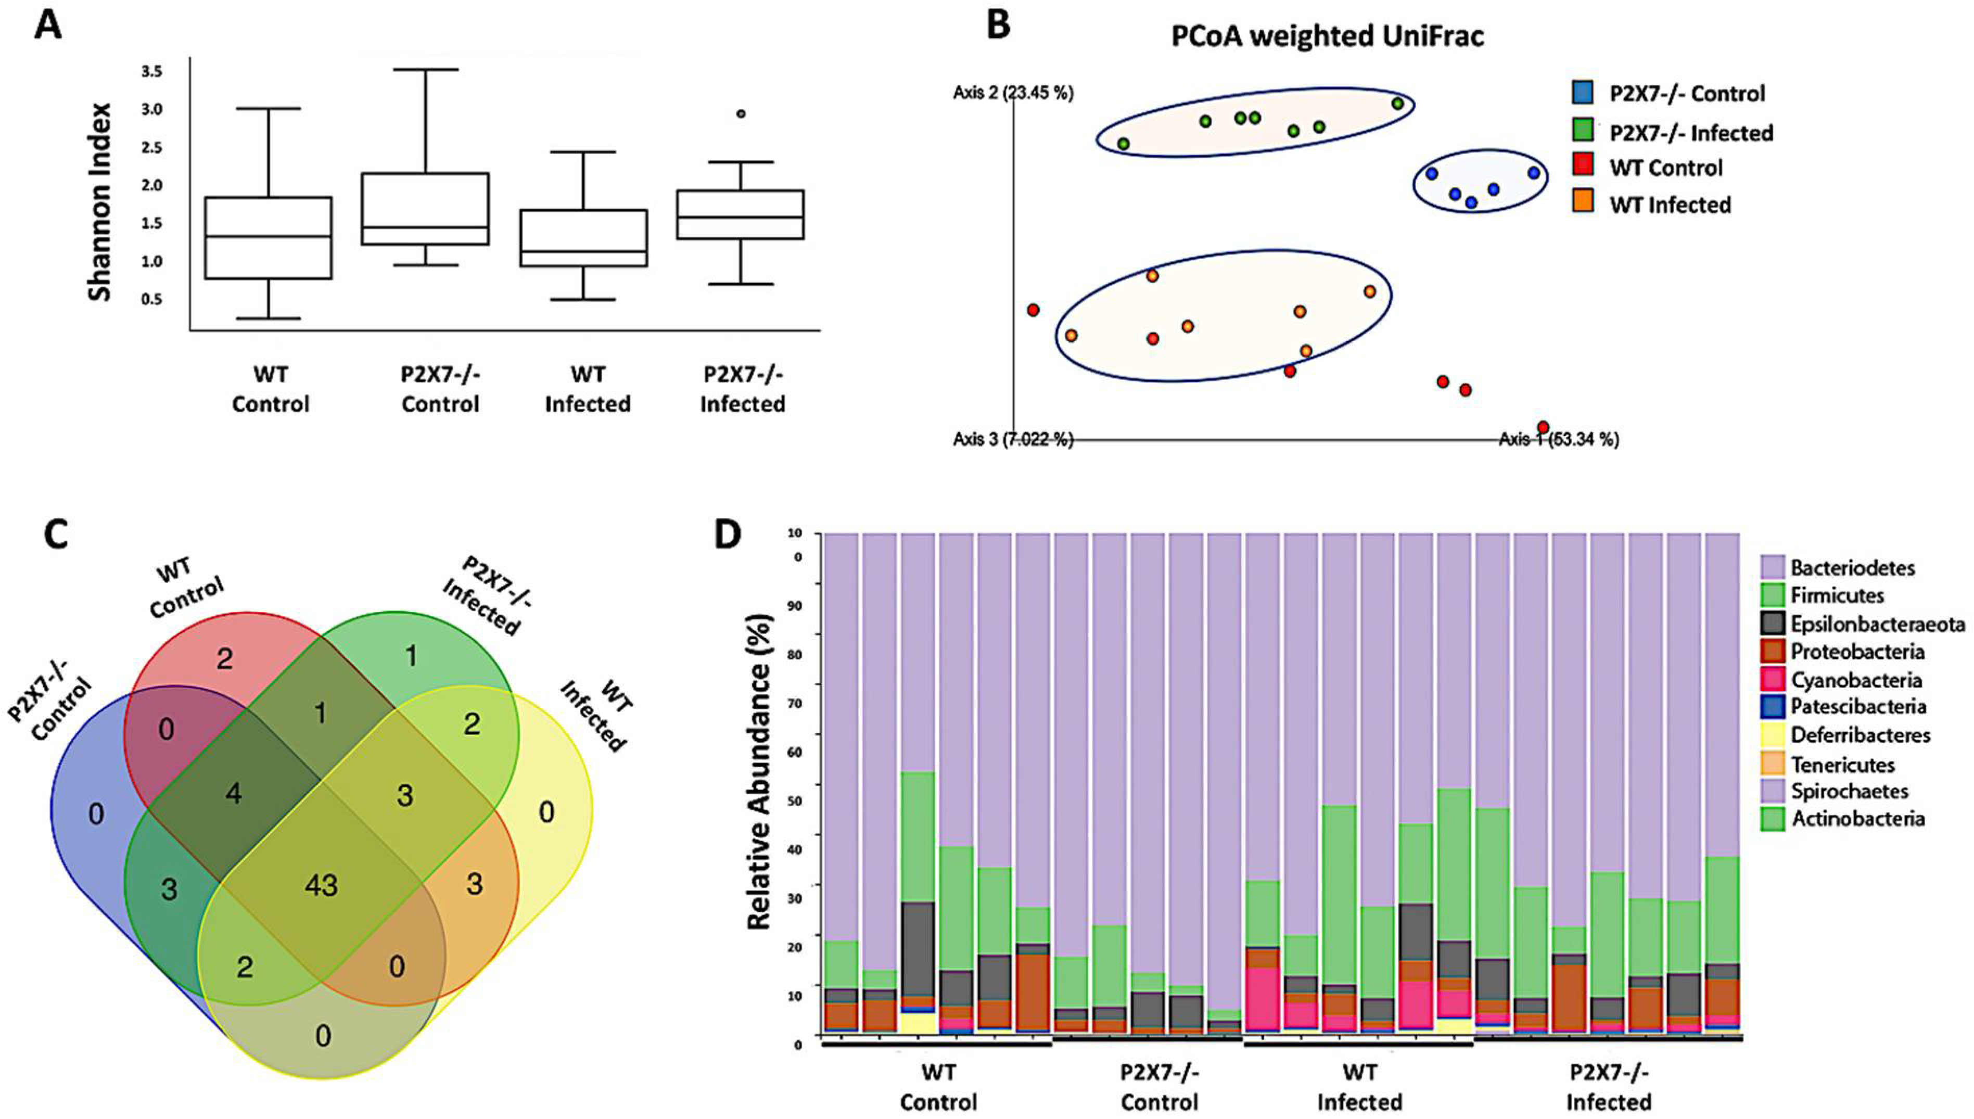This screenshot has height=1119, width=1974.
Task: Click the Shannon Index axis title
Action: [x=100, y=202]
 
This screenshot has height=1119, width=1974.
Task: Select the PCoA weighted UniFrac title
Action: [x=1327, y=36]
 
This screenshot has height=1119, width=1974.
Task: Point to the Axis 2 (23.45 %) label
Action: [x=1013, y=94]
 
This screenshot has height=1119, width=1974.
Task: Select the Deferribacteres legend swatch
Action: [x=1773, y=735]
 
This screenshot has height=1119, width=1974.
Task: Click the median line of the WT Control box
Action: [x=269, y=237]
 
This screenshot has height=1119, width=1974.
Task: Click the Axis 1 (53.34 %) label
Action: [x=1558, y=440]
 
